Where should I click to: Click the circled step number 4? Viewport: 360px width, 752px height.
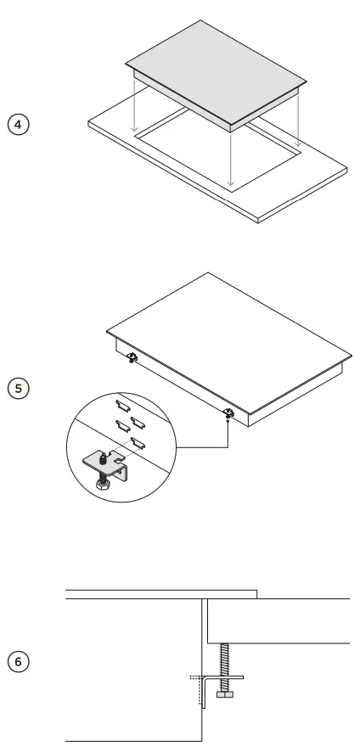pos(18,124)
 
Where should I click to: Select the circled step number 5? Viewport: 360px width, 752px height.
pos(18,387)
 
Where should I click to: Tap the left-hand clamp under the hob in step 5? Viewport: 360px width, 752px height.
pos(132,357)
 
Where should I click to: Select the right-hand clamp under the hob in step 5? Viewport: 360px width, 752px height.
pos(229,413)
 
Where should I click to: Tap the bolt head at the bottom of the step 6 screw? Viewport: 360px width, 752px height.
pos(223,694)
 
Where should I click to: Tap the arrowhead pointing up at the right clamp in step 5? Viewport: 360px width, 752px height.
pos(229,422)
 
